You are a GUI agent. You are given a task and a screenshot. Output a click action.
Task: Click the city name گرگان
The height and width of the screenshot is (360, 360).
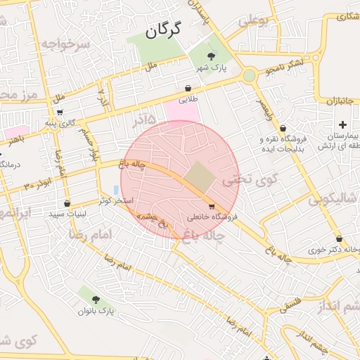163,30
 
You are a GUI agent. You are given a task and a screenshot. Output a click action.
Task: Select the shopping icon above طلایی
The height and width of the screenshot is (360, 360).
188,88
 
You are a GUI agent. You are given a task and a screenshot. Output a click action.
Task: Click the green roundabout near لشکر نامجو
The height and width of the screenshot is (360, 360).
249,75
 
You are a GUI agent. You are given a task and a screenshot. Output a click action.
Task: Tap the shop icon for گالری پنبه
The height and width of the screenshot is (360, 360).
59,112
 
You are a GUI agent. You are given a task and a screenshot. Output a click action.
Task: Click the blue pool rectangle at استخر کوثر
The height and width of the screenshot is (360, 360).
116,191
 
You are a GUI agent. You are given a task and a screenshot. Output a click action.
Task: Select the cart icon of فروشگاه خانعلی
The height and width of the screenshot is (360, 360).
212,206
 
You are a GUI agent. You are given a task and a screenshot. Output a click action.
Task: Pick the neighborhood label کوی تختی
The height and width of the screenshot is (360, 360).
250,180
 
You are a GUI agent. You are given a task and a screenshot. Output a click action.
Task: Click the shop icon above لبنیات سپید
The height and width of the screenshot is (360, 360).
67,202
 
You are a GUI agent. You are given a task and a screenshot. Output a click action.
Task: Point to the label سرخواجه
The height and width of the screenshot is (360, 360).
65,44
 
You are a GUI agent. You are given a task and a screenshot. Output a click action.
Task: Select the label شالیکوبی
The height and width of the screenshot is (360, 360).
334,200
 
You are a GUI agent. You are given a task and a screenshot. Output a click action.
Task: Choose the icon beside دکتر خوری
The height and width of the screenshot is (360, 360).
339,238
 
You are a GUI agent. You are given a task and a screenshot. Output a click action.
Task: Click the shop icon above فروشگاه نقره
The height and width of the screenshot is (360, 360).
283,128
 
